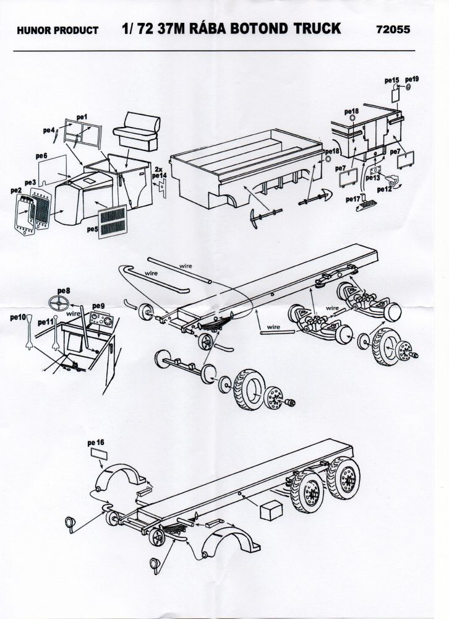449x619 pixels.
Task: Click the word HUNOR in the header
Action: (32, 30)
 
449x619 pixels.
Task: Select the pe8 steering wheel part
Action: (61, 304)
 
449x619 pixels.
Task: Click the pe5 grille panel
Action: (115, 220)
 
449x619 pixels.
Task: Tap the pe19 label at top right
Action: (412, 79)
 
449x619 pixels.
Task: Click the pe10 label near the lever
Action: (17, 317)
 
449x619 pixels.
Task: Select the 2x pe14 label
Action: (160, 172)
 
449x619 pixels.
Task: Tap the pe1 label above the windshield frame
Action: (82, 116)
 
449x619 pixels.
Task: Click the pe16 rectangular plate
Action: (98, 454)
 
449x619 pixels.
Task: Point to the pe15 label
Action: (391, 80)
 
